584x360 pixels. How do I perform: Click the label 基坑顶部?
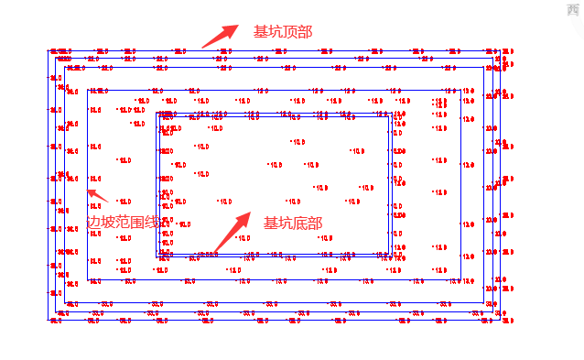click(283, 32)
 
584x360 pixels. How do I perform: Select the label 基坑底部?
click(293, 224)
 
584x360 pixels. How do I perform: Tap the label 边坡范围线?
click(128, 223)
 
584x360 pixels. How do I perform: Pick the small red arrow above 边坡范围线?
click(97, 195)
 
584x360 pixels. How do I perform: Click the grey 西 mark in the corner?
click(575, 7)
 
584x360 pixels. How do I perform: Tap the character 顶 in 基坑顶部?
click(290, 32)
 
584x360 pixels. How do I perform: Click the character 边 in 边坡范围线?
click(94, 223)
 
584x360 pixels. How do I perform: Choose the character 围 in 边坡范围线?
click(145, 223)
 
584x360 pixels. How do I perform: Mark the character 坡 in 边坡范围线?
click(111, 223)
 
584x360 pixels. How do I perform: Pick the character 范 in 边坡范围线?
click(128, 223)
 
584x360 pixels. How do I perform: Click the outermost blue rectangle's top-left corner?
click(48, 49)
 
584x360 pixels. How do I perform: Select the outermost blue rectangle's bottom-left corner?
click(48, 319)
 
